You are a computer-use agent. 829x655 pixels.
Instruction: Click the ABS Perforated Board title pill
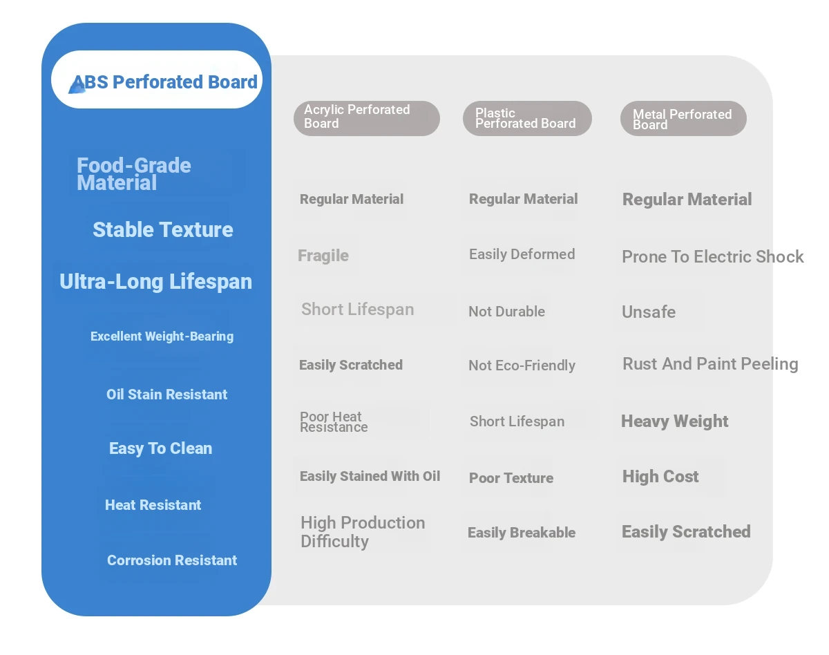[x=156, y=79]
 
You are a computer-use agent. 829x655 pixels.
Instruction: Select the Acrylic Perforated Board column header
[x=366, y=118]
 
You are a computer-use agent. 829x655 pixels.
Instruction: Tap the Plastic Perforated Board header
[x=527, y=118]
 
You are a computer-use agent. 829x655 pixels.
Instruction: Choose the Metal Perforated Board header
[x=683, y=118]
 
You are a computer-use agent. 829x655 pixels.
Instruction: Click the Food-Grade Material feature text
[x=133, y=173]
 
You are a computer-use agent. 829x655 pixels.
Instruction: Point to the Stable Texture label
[x=163, y=229]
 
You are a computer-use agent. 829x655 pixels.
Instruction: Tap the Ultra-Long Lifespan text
[x=155, y=281]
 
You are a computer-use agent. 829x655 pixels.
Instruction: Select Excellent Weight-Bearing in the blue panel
[x=162, y=336]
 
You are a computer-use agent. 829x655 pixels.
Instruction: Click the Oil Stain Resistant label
[x=166, y=395]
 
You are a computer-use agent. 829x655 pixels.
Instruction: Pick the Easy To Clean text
[x=161, y=448]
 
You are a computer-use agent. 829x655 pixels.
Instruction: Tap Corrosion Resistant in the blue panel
[x=172, y=560]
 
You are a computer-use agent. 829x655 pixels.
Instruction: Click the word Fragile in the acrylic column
[x=323, y=256]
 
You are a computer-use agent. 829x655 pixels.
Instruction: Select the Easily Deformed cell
[x=522, y=254]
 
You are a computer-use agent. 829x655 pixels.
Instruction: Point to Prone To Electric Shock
[x=713, y=256]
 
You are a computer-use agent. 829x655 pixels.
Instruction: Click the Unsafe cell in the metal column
[x=649, y=312]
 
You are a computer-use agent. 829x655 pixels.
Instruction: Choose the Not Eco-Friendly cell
[x=522, y=366]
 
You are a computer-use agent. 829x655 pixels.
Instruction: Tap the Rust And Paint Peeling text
[x=710, y=363]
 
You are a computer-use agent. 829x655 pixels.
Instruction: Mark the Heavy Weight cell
[x=674, y=421]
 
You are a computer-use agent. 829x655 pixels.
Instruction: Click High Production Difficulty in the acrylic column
[x=363, y=532]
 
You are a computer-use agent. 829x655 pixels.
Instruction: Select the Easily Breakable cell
[x=522, y=533]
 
